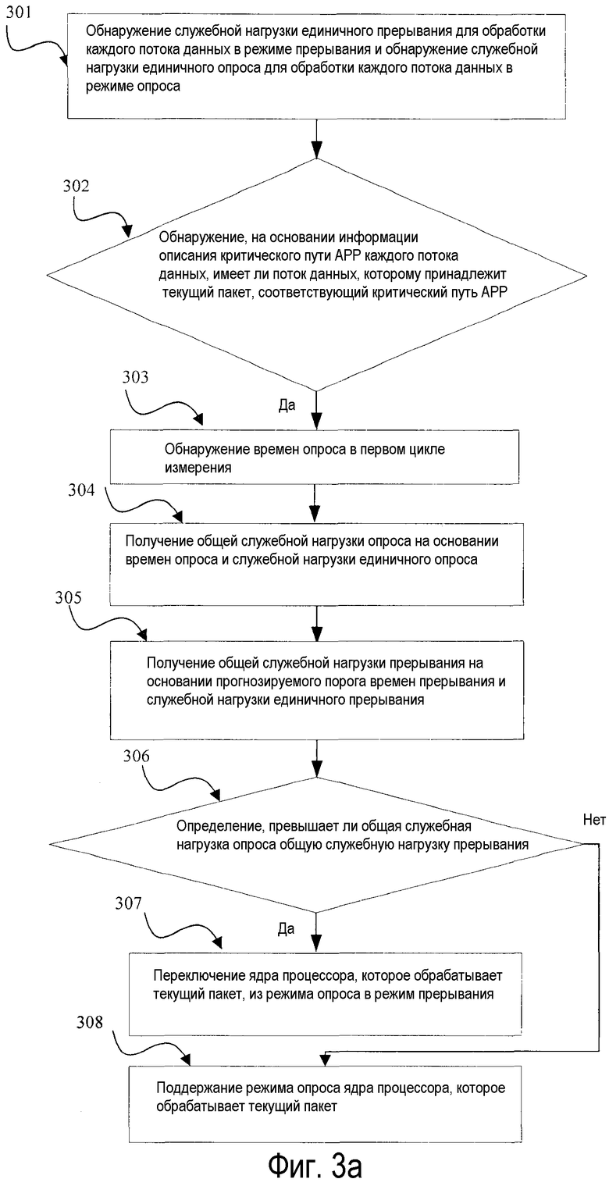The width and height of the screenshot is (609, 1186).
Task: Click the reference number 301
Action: click(19, 12)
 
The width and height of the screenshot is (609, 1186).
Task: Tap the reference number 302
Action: click(77, 187)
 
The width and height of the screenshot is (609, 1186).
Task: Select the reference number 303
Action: click(136, 377)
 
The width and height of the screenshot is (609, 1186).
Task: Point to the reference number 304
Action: click(81, 490)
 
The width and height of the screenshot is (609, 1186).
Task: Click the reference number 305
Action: click(68, 598)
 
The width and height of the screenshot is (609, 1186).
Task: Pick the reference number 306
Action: click(137, 756)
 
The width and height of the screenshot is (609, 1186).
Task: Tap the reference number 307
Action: click(129, 903)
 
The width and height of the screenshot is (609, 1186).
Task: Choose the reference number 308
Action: click(90, 1021)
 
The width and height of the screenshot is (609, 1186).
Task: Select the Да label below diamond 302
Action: click(287, 405)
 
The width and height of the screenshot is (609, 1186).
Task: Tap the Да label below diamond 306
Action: click(286, 928)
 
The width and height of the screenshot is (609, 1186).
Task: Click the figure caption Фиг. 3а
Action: click(314, 1164)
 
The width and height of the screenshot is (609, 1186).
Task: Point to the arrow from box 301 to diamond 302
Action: click(316, 139)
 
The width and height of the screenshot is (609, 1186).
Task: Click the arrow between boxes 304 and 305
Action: click(316, 623)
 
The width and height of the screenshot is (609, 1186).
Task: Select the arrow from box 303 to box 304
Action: click(315, 503)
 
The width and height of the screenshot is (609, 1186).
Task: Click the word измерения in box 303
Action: click(198, 468)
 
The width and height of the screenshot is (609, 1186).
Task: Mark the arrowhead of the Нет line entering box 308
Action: click(324, 1060)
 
